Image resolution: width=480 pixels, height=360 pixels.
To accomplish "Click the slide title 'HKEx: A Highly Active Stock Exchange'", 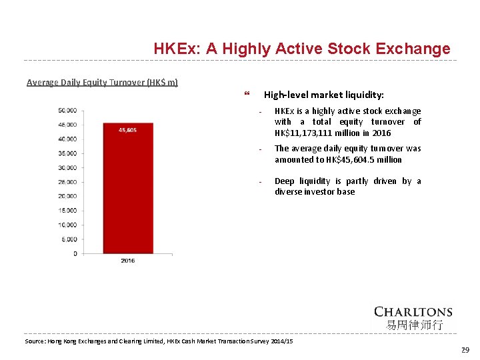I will pos(301,49).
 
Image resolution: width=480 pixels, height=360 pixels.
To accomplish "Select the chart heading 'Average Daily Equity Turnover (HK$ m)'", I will pos(102,83).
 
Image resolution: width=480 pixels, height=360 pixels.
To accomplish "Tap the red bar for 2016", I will pos(128,193).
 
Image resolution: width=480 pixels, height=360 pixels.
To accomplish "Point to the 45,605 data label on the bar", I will pos(128,130).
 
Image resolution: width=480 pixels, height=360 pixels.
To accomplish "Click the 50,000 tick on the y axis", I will pos(68,110).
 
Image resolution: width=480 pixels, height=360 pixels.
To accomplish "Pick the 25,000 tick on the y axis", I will pos(68,182).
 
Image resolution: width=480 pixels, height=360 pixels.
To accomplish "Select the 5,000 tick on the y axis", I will pos(69,239).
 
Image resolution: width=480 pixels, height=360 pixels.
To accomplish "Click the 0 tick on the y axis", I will pos(75,253).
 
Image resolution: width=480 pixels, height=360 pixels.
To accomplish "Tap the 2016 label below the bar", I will pos(128,260).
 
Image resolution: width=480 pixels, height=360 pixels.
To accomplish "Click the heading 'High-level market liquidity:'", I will pos(324,95).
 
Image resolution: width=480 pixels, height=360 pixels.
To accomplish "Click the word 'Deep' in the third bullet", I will pos(285,181).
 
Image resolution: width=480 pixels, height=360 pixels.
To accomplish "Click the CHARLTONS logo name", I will pos(413,311).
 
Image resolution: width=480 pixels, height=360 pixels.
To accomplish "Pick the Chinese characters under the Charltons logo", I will pos(413,325).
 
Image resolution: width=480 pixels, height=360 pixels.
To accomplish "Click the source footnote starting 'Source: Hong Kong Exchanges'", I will pos(159,341).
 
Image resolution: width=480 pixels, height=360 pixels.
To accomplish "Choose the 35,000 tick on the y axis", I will pos(68,153).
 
